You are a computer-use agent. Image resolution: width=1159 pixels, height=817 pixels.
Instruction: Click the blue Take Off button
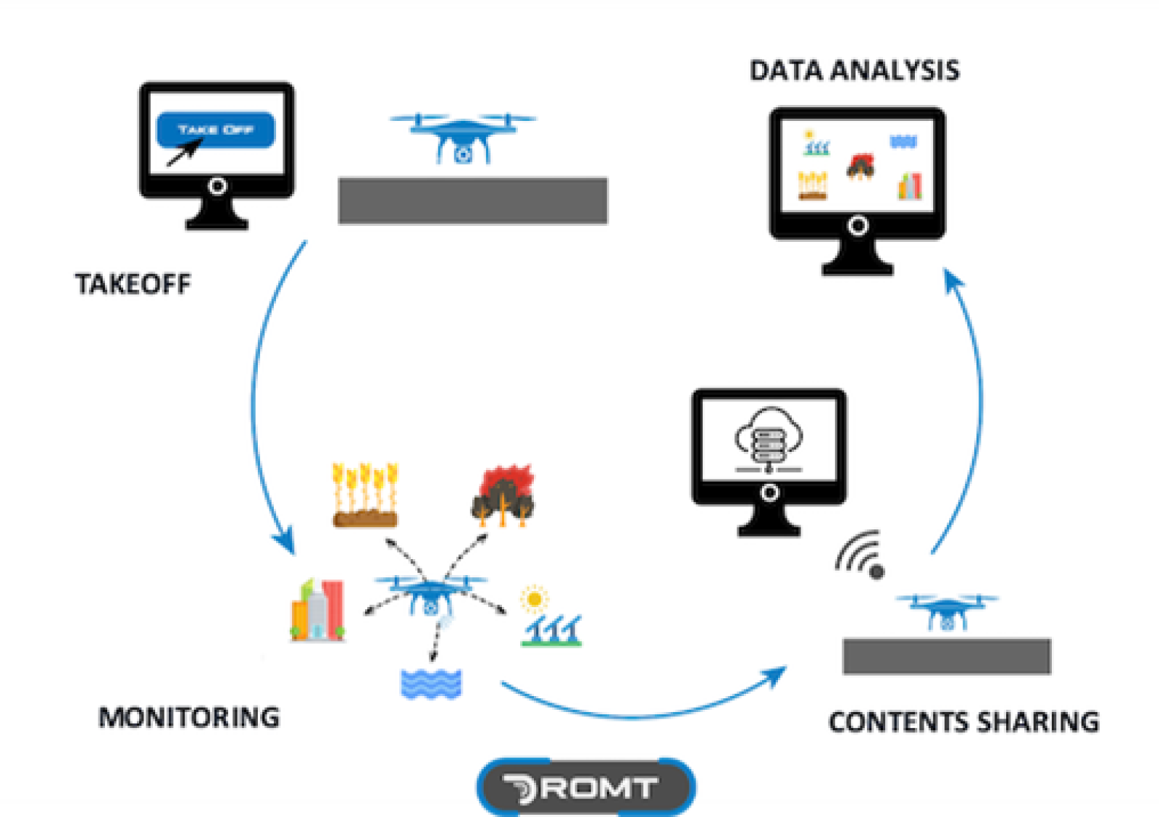(216, 130)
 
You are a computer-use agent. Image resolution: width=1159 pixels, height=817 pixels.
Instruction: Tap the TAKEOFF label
(133, 284)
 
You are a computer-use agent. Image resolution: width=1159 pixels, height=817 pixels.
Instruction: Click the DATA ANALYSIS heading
(854, 71)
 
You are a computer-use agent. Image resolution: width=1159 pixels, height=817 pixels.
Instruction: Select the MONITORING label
(189, 717)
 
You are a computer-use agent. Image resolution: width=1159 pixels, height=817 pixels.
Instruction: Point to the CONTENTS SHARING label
(963, 722)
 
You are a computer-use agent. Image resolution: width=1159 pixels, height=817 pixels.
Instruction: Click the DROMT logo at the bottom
(585, 787)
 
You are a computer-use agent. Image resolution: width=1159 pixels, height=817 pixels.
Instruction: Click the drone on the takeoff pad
(463, 138)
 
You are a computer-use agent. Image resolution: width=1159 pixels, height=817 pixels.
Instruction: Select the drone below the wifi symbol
(946, 611)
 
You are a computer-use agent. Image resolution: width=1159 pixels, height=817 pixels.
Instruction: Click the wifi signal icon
(861, 555)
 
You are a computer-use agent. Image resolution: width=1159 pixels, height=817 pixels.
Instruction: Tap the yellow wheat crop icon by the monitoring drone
(365, 495)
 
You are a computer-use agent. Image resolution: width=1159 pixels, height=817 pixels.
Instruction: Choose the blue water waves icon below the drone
(431, 684)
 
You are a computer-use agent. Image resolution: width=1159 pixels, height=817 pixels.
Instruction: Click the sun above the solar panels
(535, 599)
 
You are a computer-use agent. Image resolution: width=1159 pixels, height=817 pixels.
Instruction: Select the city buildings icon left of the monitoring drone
(318, 611)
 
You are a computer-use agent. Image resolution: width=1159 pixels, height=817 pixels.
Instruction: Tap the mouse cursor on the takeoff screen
(184, 152)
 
